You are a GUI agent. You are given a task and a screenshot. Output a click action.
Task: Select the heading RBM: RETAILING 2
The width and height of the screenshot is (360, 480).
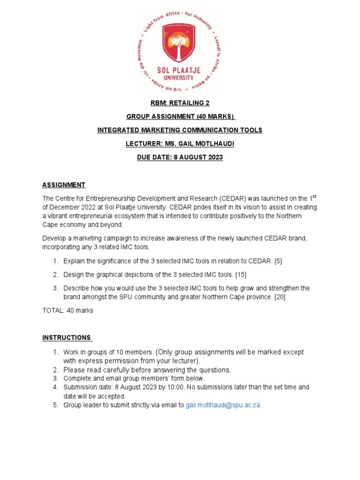pos(180,104)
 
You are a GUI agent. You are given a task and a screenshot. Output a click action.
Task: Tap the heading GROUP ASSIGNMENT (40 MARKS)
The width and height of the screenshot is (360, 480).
pos(180,117)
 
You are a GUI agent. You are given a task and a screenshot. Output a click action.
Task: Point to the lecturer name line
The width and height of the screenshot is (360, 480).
pos(180,143)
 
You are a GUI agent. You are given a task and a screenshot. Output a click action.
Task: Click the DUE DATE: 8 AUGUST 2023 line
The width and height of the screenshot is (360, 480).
pos(180,157)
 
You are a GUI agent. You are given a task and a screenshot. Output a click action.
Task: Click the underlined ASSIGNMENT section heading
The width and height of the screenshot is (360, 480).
pos(64,185)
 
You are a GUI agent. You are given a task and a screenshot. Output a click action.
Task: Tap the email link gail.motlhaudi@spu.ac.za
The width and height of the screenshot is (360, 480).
pos(223,405)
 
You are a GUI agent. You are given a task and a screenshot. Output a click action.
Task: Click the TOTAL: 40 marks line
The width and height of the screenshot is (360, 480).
pos(67,310)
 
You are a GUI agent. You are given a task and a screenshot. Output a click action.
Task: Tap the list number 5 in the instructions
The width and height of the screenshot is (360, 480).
pos(55,405)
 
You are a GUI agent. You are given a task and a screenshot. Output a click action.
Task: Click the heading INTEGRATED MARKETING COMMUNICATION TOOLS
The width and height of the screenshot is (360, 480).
pos(180,130)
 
